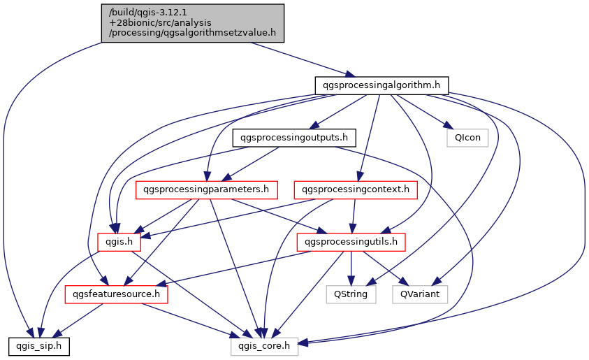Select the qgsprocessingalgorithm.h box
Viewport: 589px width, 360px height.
(x=381, y=85)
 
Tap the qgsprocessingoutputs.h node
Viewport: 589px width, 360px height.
(x=294, y=137)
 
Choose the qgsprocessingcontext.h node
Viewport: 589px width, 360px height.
(x=356, y=189)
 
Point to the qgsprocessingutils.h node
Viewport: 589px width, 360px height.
(x=351, y=242)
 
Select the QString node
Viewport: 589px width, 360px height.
(x=351, y=294)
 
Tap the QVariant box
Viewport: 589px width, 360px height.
(x=420, y=294)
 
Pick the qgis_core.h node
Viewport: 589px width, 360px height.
(x=265, y=345)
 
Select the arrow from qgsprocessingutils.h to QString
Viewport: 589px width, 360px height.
(x=351, y=268)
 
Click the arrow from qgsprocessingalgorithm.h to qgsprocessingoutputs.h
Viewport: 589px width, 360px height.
(x=338, y=111)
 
